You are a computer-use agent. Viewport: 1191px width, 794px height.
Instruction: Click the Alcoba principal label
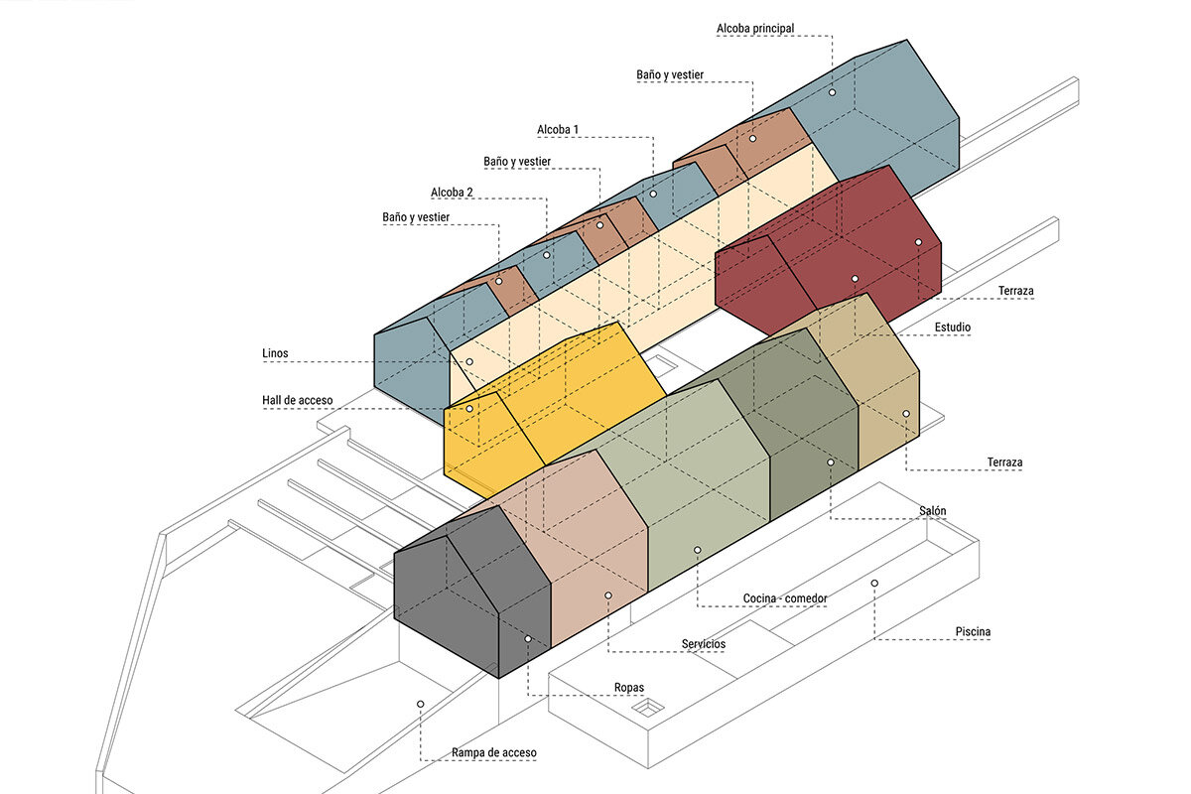click(755, 29)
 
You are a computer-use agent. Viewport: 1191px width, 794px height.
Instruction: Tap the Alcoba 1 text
click(558, 130)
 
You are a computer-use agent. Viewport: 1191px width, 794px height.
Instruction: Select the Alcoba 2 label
click(452, 193)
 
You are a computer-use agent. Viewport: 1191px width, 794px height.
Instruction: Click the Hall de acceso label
click(297, 401)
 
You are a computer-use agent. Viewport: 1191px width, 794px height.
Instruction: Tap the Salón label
click(932, 511)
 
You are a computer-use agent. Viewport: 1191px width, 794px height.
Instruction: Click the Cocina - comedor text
click(785, 598)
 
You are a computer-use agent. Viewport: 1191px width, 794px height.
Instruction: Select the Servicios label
click(703, 644)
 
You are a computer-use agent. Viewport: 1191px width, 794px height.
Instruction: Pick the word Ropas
click(629, 689)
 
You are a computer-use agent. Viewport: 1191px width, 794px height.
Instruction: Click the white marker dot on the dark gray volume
click(528, 639)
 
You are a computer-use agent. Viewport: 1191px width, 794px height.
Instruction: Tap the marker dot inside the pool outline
click(874, 583)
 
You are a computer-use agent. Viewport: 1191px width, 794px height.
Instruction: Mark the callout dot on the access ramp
click(421, 704)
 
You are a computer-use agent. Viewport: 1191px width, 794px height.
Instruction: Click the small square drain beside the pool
click(649, 707)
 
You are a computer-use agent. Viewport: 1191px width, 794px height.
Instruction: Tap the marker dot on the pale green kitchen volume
click(698, 549)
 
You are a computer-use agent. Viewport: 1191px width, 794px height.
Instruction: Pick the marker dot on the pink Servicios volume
click(608, 595)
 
